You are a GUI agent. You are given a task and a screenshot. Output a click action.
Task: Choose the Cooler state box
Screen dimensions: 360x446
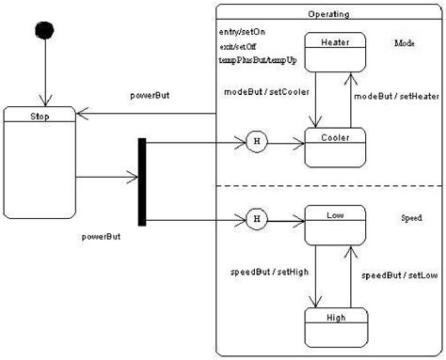pyautogui.click(x=335, y=147)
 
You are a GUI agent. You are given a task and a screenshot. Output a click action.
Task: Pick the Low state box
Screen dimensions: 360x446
pyautogui.click(x=334, y=226)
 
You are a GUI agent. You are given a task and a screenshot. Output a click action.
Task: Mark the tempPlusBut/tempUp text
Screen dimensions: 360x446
pyautogui.click(x=251, y=58)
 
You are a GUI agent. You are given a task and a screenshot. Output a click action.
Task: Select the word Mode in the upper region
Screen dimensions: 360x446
pyautogui.click(x=406, y=43)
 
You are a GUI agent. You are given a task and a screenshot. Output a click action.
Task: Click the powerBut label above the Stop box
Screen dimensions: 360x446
pyautogui.click(x=149, y=97)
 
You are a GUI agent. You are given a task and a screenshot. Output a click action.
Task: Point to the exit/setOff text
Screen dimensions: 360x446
pyautogui.click(x=236, y=45)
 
